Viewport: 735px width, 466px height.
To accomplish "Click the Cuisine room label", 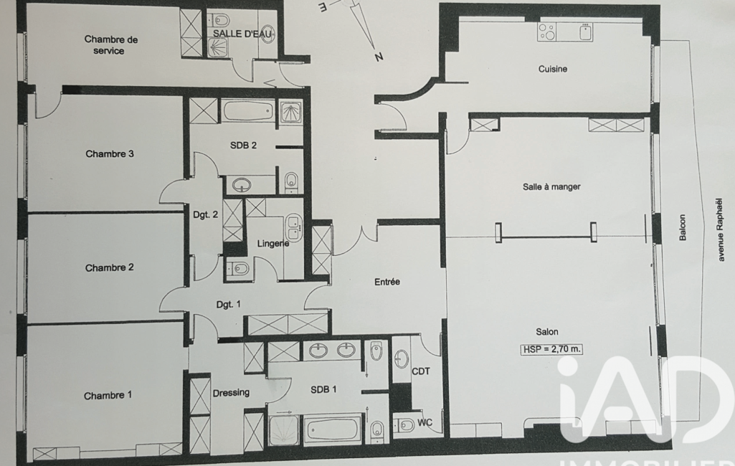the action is [x=553, y=69].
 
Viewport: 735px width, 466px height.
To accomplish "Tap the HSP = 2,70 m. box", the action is [x=551, y=349].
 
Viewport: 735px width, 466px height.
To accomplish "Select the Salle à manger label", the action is [x=551, y=186].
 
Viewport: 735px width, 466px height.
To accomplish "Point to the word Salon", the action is [x=547, y=332].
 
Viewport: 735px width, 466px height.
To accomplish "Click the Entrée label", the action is [x=387, y=282].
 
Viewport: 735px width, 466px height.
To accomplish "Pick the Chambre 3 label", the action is [x=110, y=153].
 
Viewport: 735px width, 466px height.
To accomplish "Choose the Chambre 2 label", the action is [x=109, y=267].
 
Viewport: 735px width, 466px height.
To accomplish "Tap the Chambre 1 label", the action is [x=108, y=396].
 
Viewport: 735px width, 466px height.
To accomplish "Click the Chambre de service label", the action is [x=110, y=45].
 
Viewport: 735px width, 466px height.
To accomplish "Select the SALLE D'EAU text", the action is [x=242, y=34].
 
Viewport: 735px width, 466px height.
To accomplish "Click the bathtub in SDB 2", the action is [x=248, y=112].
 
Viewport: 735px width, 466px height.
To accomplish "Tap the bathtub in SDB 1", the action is [x=332, y=429].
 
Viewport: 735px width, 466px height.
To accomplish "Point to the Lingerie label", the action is [x=272, y=244].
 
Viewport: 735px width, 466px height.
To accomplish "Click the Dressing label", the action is [x=231, y=393].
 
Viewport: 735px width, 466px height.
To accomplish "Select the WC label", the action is [x=425, y=423].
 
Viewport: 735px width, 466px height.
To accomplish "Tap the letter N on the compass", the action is [x=379, y=57].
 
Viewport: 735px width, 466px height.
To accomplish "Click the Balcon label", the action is [x=683, y=228].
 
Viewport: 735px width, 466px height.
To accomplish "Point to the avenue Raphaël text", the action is [x=721, y=229].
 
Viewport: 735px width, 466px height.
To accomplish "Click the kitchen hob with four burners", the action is [x=546, y=32].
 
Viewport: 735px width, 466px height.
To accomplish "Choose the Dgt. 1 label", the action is [x=228, y=305].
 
